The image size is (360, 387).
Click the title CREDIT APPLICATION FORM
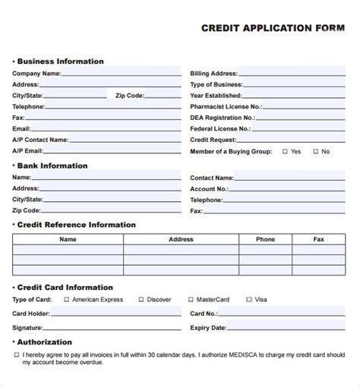pos(272,28)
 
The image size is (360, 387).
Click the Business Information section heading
pos(60,61)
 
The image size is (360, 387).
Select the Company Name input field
pos(121,74)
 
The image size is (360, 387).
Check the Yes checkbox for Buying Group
pos(285,152)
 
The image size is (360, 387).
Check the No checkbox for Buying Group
pos(315,152)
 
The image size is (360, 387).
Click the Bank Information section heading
pos(52,165)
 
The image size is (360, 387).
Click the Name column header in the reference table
pos(68,239)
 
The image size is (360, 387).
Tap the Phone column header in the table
pos(265,239)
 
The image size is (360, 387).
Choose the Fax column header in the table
pos(319,239)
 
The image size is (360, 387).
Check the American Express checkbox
pos(66,300)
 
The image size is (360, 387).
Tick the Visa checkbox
pos(249,300)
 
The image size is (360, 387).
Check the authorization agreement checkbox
pos(17,354)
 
